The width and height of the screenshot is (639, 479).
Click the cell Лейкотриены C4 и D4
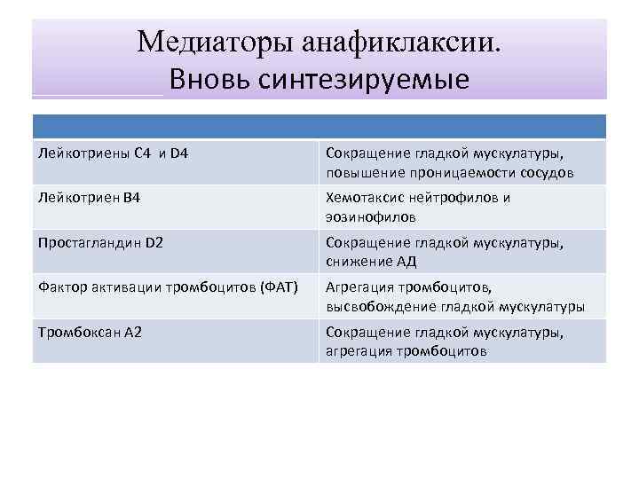114,153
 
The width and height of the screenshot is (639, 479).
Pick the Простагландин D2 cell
101,242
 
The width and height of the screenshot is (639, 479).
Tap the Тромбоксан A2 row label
91,332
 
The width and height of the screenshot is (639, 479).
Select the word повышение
360,172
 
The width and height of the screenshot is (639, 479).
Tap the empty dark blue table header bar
319,125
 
